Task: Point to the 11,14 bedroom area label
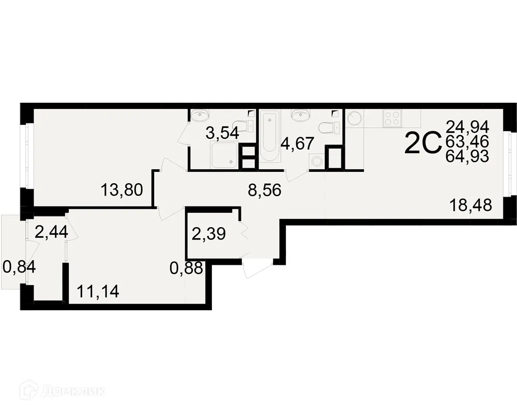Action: click(x=98, y=292)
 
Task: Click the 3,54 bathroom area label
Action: click(x=222, y=133)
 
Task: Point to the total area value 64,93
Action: click(x=467, y=156)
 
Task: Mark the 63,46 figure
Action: click(x=467, y=140)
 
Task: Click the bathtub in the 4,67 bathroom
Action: click(x=269, y=136)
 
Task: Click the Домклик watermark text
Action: click(x=75, y=391)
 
